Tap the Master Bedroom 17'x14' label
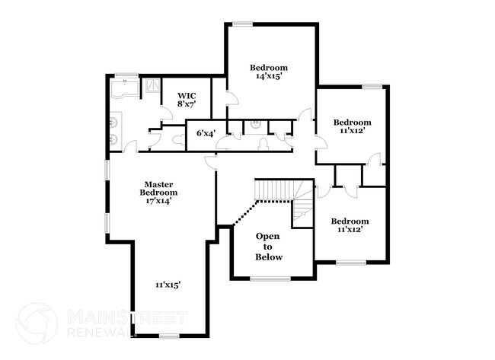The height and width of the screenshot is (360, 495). (159, 193)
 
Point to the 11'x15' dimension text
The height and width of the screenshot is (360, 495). (168, 284)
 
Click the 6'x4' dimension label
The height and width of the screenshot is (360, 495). (205, 133)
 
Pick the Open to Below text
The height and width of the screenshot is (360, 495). (268, 247)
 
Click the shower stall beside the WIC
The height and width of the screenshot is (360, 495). (152, 86)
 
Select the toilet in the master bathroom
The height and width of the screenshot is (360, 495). (177, 139)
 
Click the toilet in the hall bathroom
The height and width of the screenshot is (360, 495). (263, 141)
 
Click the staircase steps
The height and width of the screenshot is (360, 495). (274, 190)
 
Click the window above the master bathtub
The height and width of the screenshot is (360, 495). (126, 75)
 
